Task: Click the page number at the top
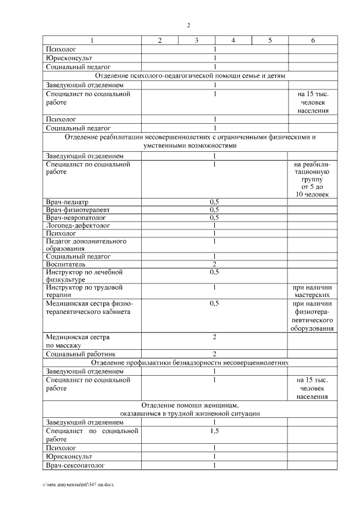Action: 188,25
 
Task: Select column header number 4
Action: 233,40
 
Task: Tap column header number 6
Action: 313,40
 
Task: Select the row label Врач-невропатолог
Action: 75,217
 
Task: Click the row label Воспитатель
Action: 66,264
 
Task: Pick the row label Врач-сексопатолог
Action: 75,465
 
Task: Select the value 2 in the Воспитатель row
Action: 214,264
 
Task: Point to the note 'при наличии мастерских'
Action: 312,291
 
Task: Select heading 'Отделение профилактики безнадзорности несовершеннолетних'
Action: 190,362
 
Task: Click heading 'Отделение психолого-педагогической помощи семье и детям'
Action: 190,75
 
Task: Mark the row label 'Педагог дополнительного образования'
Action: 85,245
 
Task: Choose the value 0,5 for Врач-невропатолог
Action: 214,217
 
